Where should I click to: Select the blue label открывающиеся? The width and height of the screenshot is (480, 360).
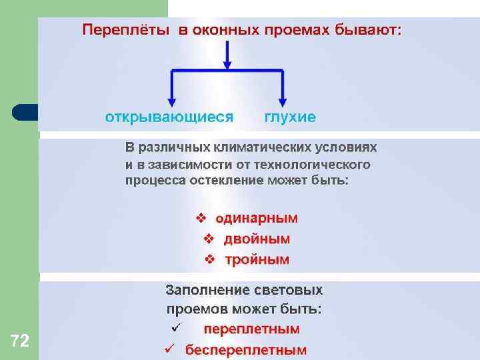pyautogui.click(x=169, y=117)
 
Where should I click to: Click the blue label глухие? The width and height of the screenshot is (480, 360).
pyautogui.click(x=290, y=117)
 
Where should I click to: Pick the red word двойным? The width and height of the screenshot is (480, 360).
pyautogui.click(x=257, y=239)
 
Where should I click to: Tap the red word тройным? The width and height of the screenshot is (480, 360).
pyautogui.click(x=257, y=259)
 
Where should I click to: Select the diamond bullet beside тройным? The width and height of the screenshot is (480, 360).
pyautogui.click(x=209, y=259)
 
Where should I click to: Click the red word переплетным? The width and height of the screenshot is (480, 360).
pyautogui.click(x=251, y=329)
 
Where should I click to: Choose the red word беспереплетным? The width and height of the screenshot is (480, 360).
pyautogui.click(x=246, y=349)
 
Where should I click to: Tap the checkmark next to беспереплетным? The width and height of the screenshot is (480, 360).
pyautogui.click(x=169, y=349)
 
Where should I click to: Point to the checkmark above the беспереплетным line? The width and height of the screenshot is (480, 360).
pyautogui.click(x=176, y=327)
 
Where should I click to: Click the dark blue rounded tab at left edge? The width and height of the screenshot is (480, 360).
pyautogui.click(x=24, y=111)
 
